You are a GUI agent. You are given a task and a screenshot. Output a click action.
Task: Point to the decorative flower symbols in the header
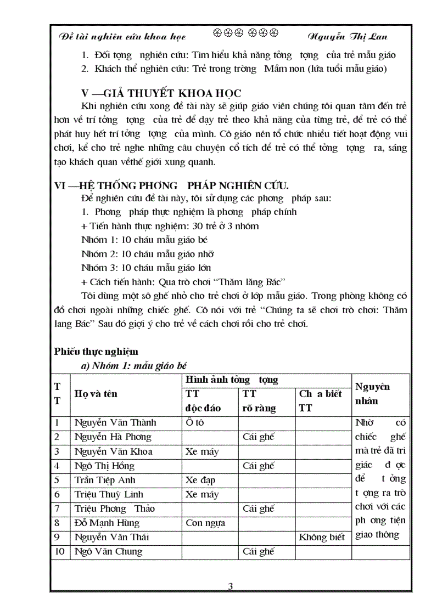245,34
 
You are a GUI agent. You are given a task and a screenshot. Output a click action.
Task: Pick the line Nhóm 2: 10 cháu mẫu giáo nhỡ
147,254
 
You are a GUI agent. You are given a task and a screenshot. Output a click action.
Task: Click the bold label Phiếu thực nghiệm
96,352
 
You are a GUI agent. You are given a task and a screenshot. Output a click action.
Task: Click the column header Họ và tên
96,394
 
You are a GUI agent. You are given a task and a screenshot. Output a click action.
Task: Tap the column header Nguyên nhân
373,394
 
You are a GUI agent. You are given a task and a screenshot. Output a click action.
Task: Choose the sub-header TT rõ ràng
259,401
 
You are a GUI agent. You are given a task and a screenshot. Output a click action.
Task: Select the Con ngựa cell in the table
205,523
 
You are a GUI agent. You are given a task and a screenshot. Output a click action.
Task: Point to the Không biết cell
322,537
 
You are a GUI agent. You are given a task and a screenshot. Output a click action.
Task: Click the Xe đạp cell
200,480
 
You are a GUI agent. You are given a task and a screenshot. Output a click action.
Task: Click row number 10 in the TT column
59,551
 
